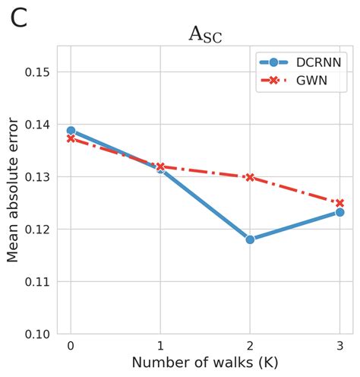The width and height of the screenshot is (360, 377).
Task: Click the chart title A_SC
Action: click(x=205, y=35)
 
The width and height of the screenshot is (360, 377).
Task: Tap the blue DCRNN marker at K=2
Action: click(x=250, y=239)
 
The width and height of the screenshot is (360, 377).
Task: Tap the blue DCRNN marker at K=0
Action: click(x=71, y=131)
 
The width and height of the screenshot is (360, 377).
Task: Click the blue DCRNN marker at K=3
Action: click(x=339, y=212)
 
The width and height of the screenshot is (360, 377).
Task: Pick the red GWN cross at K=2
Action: click(x=250, y=177)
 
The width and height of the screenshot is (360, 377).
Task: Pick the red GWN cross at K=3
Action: click(x=339, y=203)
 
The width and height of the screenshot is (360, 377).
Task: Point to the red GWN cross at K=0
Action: click(x=71, y=138)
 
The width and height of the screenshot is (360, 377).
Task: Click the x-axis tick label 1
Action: click(x=160, y=347)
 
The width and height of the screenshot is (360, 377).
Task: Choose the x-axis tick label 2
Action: click(x=250, y=347)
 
